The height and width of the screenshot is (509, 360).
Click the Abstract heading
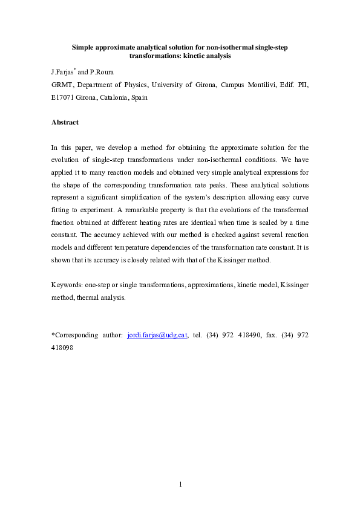[65, 122]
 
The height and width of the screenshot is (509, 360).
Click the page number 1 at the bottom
[180, 484]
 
